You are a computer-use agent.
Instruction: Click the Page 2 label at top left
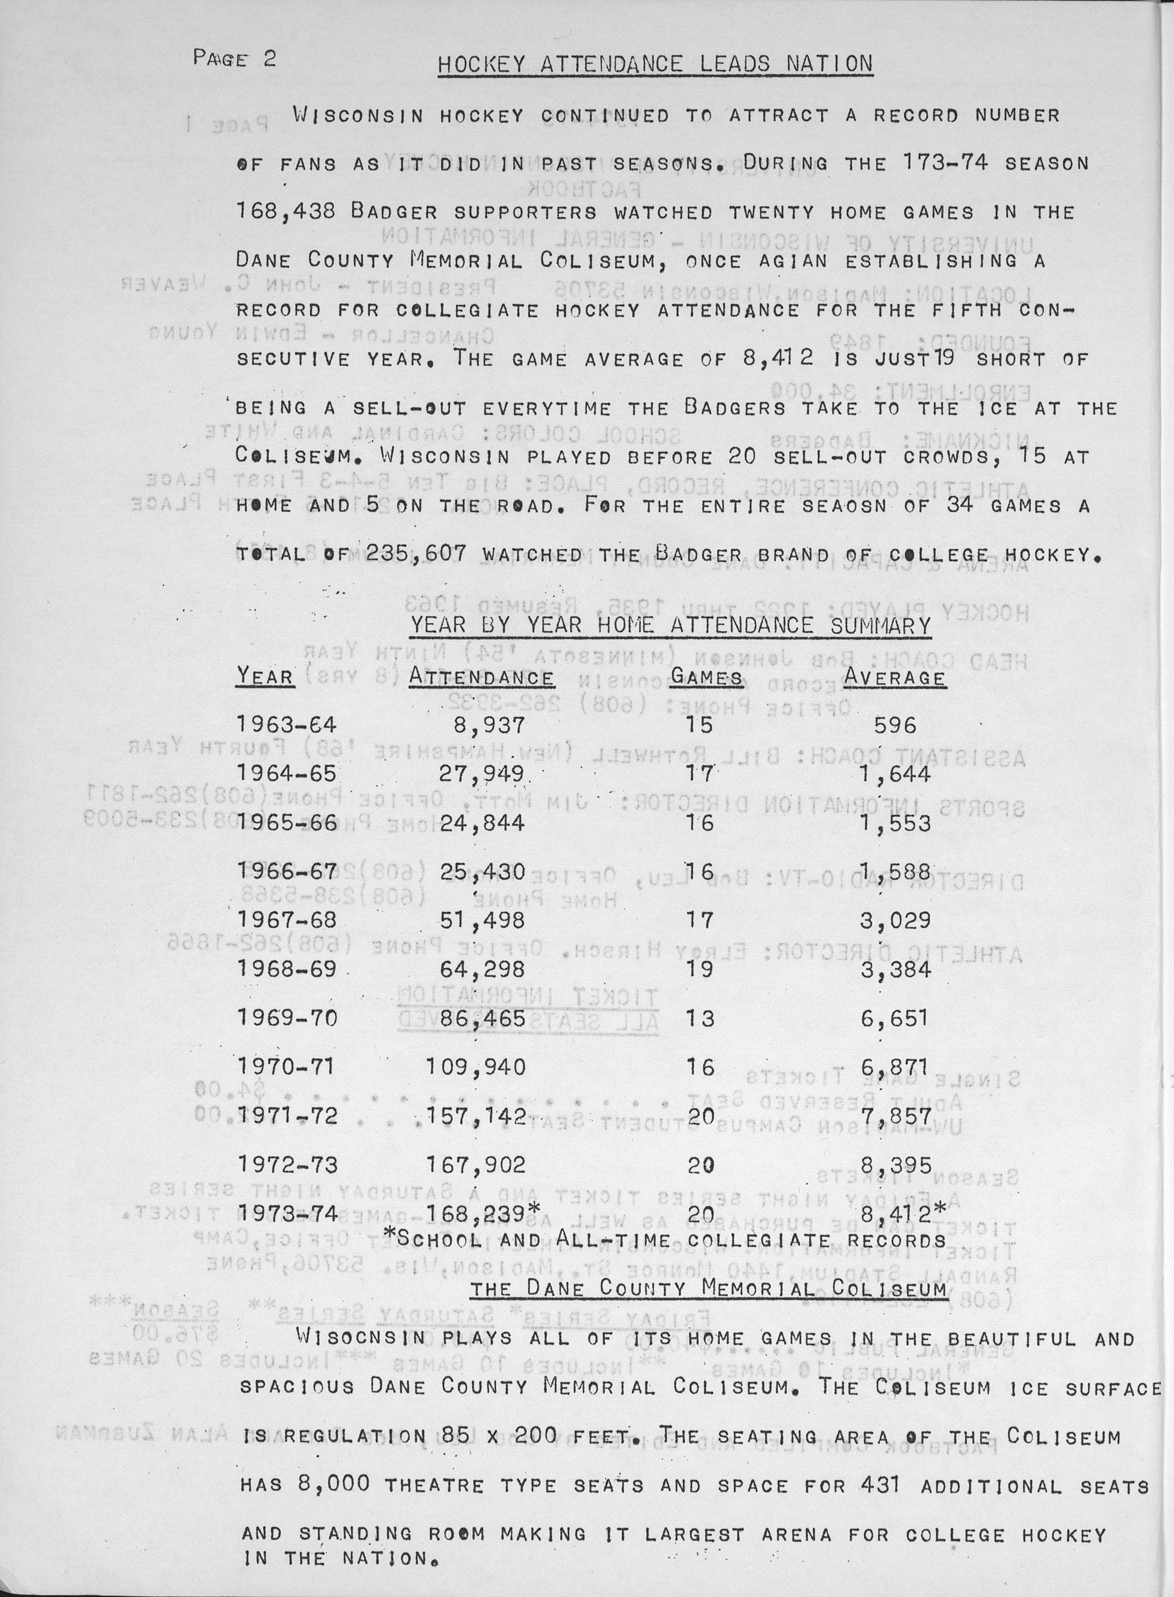234,58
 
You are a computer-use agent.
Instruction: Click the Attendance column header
481,677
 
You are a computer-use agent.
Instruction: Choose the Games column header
706,677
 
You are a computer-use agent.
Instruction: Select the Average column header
894,677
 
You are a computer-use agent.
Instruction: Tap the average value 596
895,726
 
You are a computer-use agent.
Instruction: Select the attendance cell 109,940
475,1067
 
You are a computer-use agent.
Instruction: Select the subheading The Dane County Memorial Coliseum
709,1287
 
